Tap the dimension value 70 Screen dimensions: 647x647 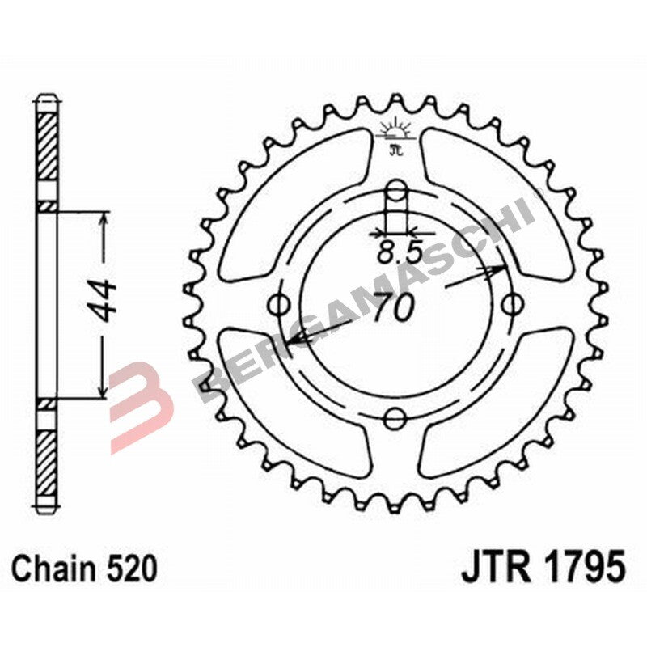[x=395, y=308]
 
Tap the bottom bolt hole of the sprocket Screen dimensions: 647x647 [x=395, y=417]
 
